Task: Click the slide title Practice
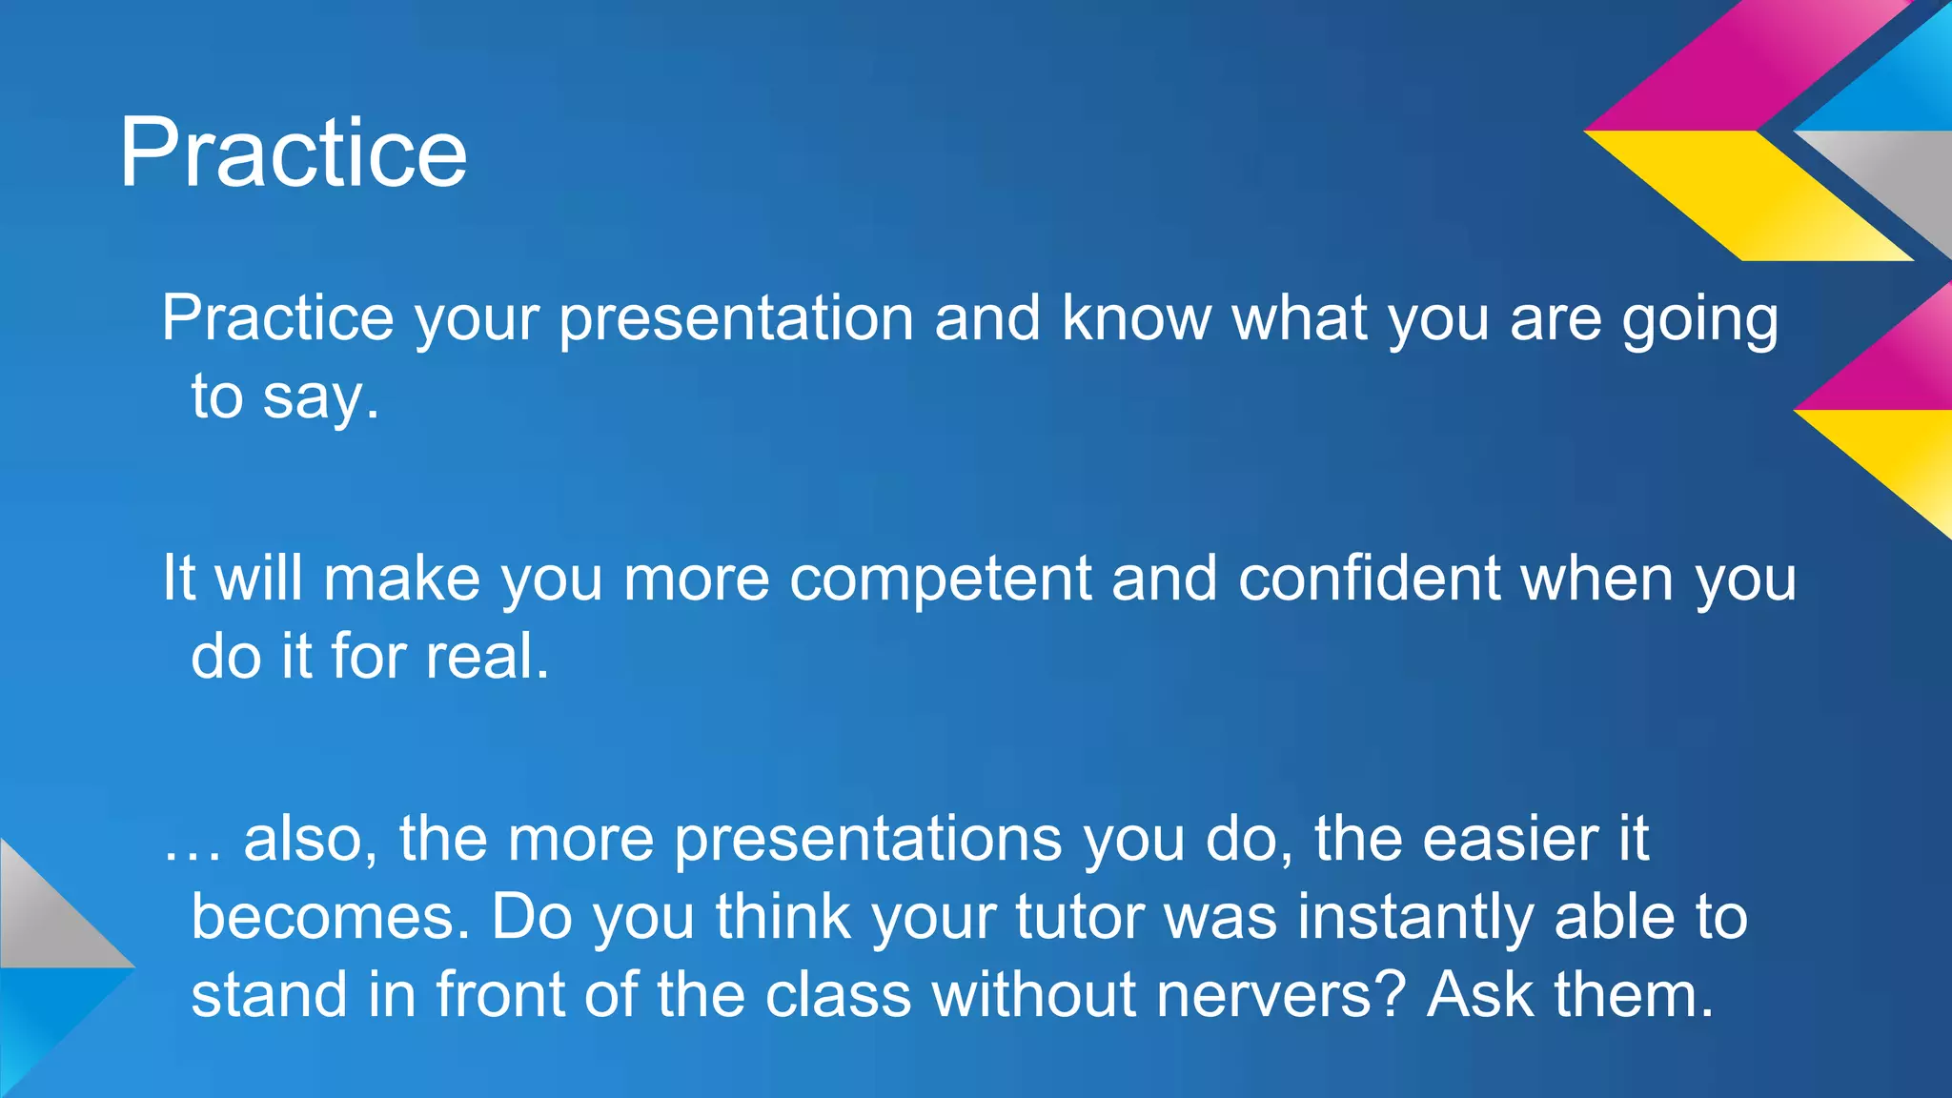[293, 152]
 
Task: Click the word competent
[940, 579]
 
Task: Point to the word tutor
[1079, 917]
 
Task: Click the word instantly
[1414, 917]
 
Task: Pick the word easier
[1510, 839]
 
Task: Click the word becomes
[331, 917]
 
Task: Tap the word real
[487, 657]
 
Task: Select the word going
[1700, 319]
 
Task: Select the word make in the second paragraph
[401, 579]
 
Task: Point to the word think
[783, 917]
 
